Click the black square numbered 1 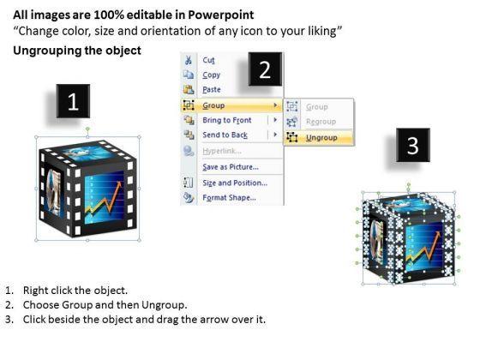click(x=73, y=101)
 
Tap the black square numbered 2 click(x=265, y=69)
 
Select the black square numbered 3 click(x=413, y=145)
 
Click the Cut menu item click(x=209, y=60)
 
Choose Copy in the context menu click(x=211, y=75)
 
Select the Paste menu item click(x=212, y=90)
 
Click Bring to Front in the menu click(x=227, y=120)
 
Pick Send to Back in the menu click(x=225, y=135)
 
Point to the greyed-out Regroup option click(x=321, y=122)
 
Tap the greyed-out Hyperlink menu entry click(x=222, y=151)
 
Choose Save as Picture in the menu click(x=231, y=167)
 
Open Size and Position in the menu click(x=235, y=183)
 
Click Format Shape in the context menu click(x=230, y=198)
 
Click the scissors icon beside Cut click(x=189, y=60)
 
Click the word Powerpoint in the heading click(x=221, y=15)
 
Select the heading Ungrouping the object click(x=77, y=51)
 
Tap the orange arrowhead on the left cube click(x=119, y=184)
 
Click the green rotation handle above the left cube click(x=87, y=129)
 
